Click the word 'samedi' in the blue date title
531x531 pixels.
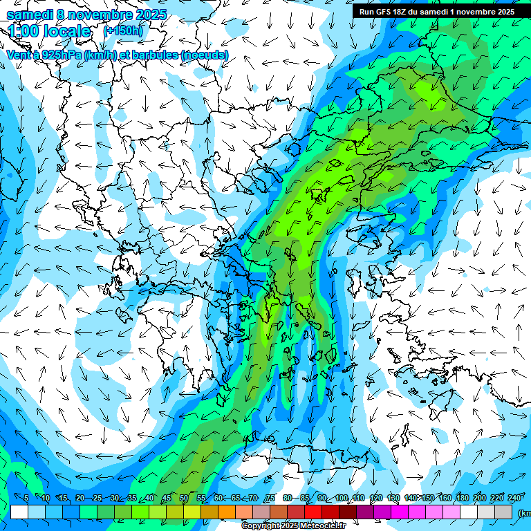(x=30, y=15)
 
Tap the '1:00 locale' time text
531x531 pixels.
(x=49, y=31)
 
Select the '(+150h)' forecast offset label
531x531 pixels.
(x=123, y=30)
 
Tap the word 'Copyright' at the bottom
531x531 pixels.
(x=261, y=526)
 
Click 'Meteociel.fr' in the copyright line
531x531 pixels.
(x=322, y=526)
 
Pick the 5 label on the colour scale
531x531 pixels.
(x=26, y=499)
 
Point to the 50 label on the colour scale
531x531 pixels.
(x=184, y=499)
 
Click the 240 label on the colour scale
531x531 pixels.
(x=514, y=499)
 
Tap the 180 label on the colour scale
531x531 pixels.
(x=463, y=499)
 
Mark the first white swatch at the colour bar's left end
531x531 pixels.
(x=19, y=512)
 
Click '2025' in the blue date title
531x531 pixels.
(x=151, y=15)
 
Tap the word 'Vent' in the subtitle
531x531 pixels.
(x=19, y=55)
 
